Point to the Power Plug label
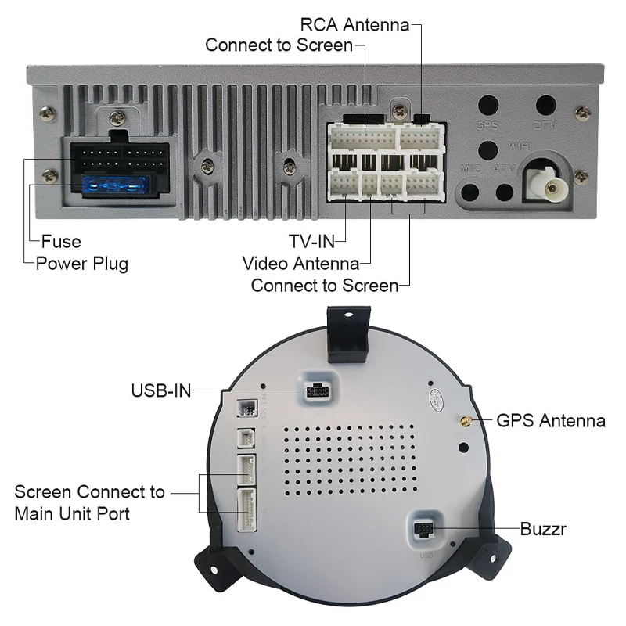point(81,263)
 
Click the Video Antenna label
point(301,264)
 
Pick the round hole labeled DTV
point(545,106)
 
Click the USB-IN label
point(160,390)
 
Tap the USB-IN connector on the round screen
point(317,390)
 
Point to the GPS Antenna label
point(551,421)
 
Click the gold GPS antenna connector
point(465,422)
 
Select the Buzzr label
point(542,530)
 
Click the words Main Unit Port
point(72,514)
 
